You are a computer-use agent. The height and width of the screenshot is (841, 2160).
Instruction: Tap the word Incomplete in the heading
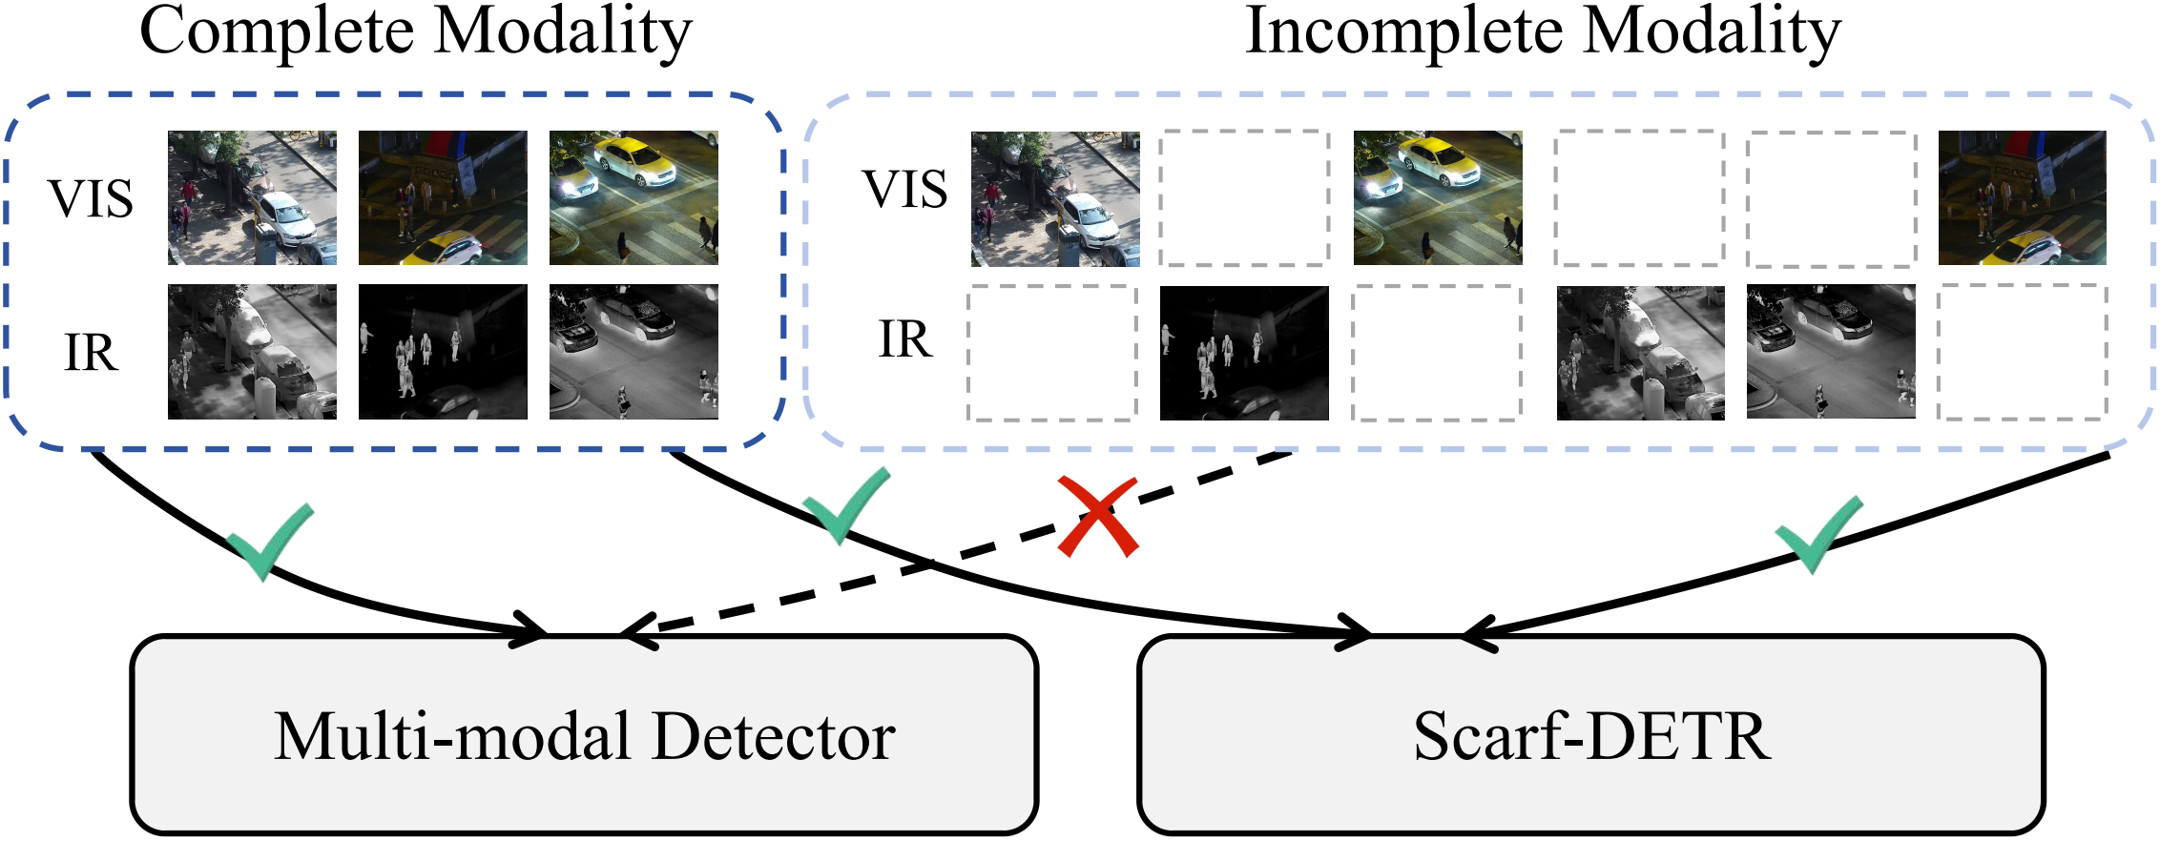(x=1402, y=32)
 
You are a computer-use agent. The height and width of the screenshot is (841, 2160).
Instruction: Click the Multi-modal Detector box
(x=584, y=735)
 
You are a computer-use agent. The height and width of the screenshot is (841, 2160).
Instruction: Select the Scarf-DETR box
(x=1590, y=735)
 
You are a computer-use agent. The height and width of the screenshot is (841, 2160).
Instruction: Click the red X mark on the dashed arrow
(x=1098, y=518)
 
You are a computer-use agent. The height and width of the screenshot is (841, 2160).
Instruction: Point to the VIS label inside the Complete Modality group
(x=91, y=199)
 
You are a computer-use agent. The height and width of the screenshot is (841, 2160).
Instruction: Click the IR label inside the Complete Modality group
(x=91, y=353)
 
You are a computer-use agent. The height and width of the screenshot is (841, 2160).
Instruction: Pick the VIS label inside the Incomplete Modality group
(x=904, y=189)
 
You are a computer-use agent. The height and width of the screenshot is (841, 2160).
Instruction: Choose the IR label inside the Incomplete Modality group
(x=904, y=339)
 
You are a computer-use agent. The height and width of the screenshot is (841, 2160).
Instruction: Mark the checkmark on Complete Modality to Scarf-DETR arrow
(x=843, y=505)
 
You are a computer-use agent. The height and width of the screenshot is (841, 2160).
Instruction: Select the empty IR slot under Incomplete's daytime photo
(x=1052, y=353)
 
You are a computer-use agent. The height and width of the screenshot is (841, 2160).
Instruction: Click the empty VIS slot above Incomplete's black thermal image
(x=1244, y=198)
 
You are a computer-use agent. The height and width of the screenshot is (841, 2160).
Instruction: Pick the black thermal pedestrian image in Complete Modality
(x=443, y=352)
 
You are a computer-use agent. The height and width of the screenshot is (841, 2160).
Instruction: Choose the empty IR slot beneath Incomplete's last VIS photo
(x=2022, y=352)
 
